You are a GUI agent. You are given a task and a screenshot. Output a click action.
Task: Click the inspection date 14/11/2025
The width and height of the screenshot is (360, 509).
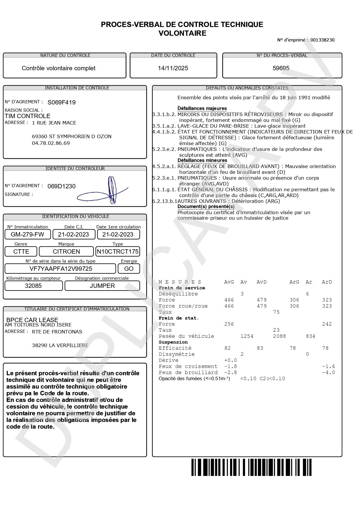[173, 68]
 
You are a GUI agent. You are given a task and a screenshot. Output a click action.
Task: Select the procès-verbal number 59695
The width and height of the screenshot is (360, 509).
[281, 68]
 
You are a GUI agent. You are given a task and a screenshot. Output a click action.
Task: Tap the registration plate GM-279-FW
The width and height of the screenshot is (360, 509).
[27, 234]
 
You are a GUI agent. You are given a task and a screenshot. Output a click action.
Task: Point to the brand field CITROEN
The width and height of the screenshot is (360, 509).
[66, 252]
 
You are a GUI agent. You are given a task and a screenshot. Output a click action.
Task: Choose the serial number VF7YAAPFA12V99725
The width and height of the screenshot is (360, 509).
[61, 269]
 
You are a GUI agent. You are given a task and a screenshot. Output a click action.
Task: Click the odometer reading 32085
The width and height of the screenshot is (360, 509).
[33, 286]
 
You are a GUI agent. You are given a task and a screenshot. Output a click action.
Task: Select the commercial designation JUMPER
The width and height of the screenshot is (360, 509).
[102, 286]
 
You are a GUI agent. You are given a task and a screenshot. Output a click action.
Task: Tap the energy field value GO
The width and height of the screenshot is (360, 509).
[129, 269]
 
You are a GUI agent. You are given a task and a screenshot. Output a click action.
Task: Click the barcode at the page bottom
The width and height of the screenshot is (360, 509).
[251, 467]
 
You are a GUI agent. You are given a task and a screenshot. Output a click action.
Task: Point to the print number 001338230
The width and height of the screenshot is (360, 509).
[322, 40]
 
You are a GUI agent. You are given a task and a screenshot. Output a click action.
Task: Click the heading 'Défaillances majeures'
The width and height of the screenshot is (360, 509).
[202, 109]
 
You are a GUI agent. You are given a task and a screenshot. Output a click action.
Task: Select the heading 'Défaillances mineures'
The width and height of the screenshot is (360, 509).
[202, 160]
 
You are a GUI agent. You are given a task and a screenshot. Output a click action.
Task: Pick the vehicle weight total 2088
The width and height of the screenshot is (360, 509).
[279, 336]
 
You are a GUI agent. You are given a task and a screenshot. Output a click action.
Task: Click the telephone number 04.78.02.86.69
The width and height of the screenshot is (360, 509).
[51, 143]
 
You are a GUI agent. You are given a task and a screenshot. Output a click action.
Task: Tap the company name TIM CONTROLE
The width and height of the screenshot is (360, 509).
[28, 116]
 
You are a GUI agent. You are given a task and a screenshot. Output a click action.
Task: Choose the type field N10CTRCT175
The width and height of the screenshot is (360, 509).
[118, 252]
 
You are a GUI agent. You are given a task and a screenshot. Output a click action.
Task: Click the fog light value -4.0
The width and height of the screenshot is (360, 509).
[328, 373]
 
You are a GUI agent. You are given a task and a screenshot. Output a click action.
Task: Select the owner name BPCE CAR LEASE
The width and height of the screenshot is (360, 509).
[32, 320]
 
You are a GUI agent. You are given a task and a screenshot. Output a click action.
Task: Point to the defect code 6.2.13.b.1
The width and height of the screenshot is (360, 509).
[164, 201]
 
